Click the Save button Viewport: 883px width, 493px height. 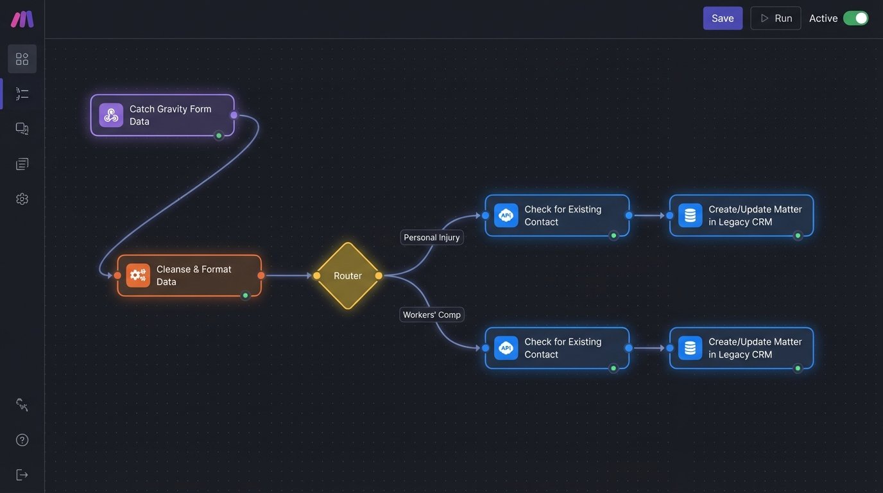coord(723,18)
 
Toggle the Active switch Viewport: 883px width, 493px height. coord(855,18)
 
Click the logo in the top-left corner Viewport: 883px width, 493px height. coord(22,19)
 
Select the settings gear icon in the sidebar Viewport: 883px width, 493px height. coord(22,199)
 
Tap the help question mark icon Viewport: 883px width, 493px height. coord(22,440)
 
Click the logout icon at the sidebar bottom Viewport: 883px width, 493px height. coord(22,474)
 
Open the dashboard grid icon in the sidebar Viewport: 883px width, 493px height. coord(22,59)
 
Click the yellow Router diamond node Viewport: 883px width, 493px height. coord(348,275)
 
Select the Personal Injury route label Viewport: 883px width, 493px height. coord(431,238)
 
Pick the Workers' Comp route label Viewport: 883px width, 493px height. coord(431,315)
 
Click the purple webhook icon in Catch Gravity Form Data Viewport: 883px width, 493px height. coord(111,116)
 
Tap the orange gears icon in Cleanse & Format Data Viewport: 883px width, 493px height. coord(138,275)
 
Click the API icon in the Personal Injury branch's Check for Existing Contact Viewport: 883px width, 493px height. coord(506,216)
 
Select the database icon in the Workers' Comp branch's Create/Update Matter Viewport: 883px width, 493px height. coord(690,348)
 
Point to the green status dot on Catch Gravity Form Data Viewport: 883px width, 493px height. coord(219,135)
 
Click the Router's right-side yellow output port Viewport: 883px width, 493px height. coord(379,275)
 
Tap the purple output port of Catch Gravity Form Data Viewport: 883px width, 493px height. coord(234,115)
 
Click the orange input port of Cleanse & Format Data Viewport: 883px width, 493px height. coord(117,275)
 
